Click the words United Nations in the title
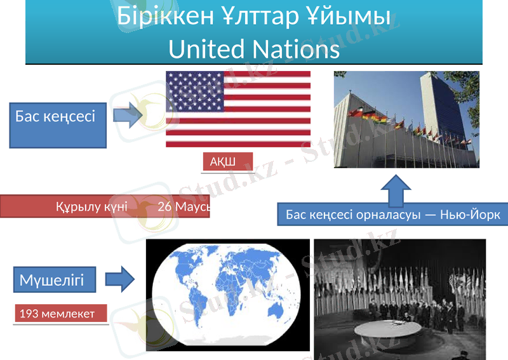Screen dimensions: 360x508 click(254, 48)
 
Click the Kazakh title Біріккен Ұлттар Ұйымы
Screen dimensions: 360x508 click(254, 18)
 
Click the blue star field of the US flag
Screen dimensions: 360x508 click(194, 89)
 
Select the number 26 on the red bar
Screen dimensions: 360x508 click(164, 206)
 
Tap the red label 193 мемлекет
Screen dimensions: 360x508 click(60, 314)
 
